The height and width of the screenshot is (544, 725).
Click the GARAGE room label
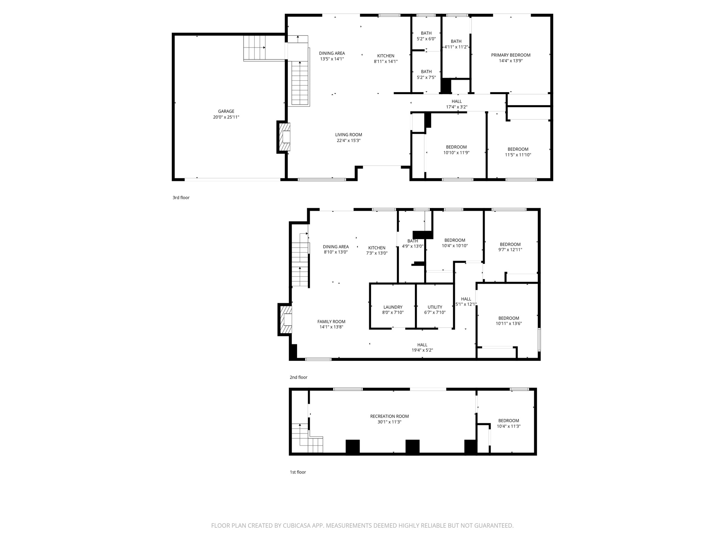226,111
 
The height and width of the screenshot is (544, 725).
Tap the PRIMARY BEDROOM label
510,55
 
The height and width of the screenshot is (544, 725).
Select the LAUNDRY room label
393,307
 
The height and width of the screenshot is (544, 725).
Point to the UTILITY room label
435,307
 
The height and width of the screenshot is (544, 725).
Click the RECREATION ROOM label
389,416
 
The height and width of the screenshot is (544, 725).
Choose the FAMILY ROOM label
331,322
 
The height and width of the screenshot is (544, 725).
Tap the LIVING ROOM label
348,135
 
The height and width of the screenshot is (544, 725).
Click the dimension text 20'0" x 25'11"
226,117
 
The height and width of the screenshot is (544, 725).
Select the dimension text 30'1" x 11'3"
389,422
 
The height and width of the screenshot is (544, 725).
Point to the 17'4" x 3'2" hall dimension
457,107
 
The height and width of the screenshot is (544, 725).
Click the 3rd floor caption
181,198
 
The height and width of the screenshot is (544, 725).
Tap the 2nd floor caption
298,377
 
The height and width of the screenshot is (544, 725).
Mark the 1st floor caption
298,472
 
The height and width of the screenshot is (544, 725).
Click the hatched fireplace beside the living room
285,137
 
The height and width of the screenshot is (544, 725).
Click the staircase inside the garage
254,48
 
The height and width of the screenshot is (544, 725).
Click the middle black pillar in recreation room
412,446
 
